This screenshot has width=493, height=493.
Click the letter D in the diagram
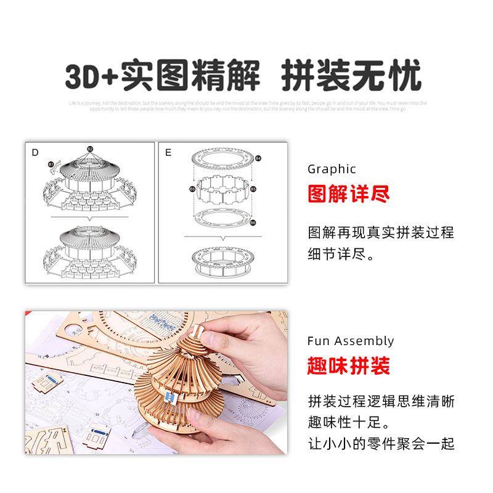[x=35, y=152]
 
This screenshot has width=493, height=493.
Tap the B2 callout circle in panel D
[x=90, y=149]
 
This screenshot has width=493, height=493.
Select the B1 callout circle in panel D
[x=51, y=165]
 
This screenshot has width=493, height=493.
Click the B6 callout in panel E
[x=253, y=222]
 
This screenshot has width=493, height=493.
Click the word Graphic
[x=332, y=169]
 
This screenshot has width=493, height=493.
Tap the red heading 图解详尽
[x=349, y=195]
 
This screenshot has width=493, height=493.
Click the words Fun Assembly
[x=350, y=341]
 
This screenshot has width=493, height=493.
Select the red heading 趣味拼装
[x=349, y=367]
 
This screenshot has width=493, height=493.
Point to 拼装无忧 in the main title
[x=351, y=78]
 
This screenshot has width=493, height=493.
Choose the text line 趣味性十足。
[x=349, y=423]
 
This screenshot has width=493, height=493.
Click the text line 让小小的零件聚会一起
[x=381, y=443]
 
